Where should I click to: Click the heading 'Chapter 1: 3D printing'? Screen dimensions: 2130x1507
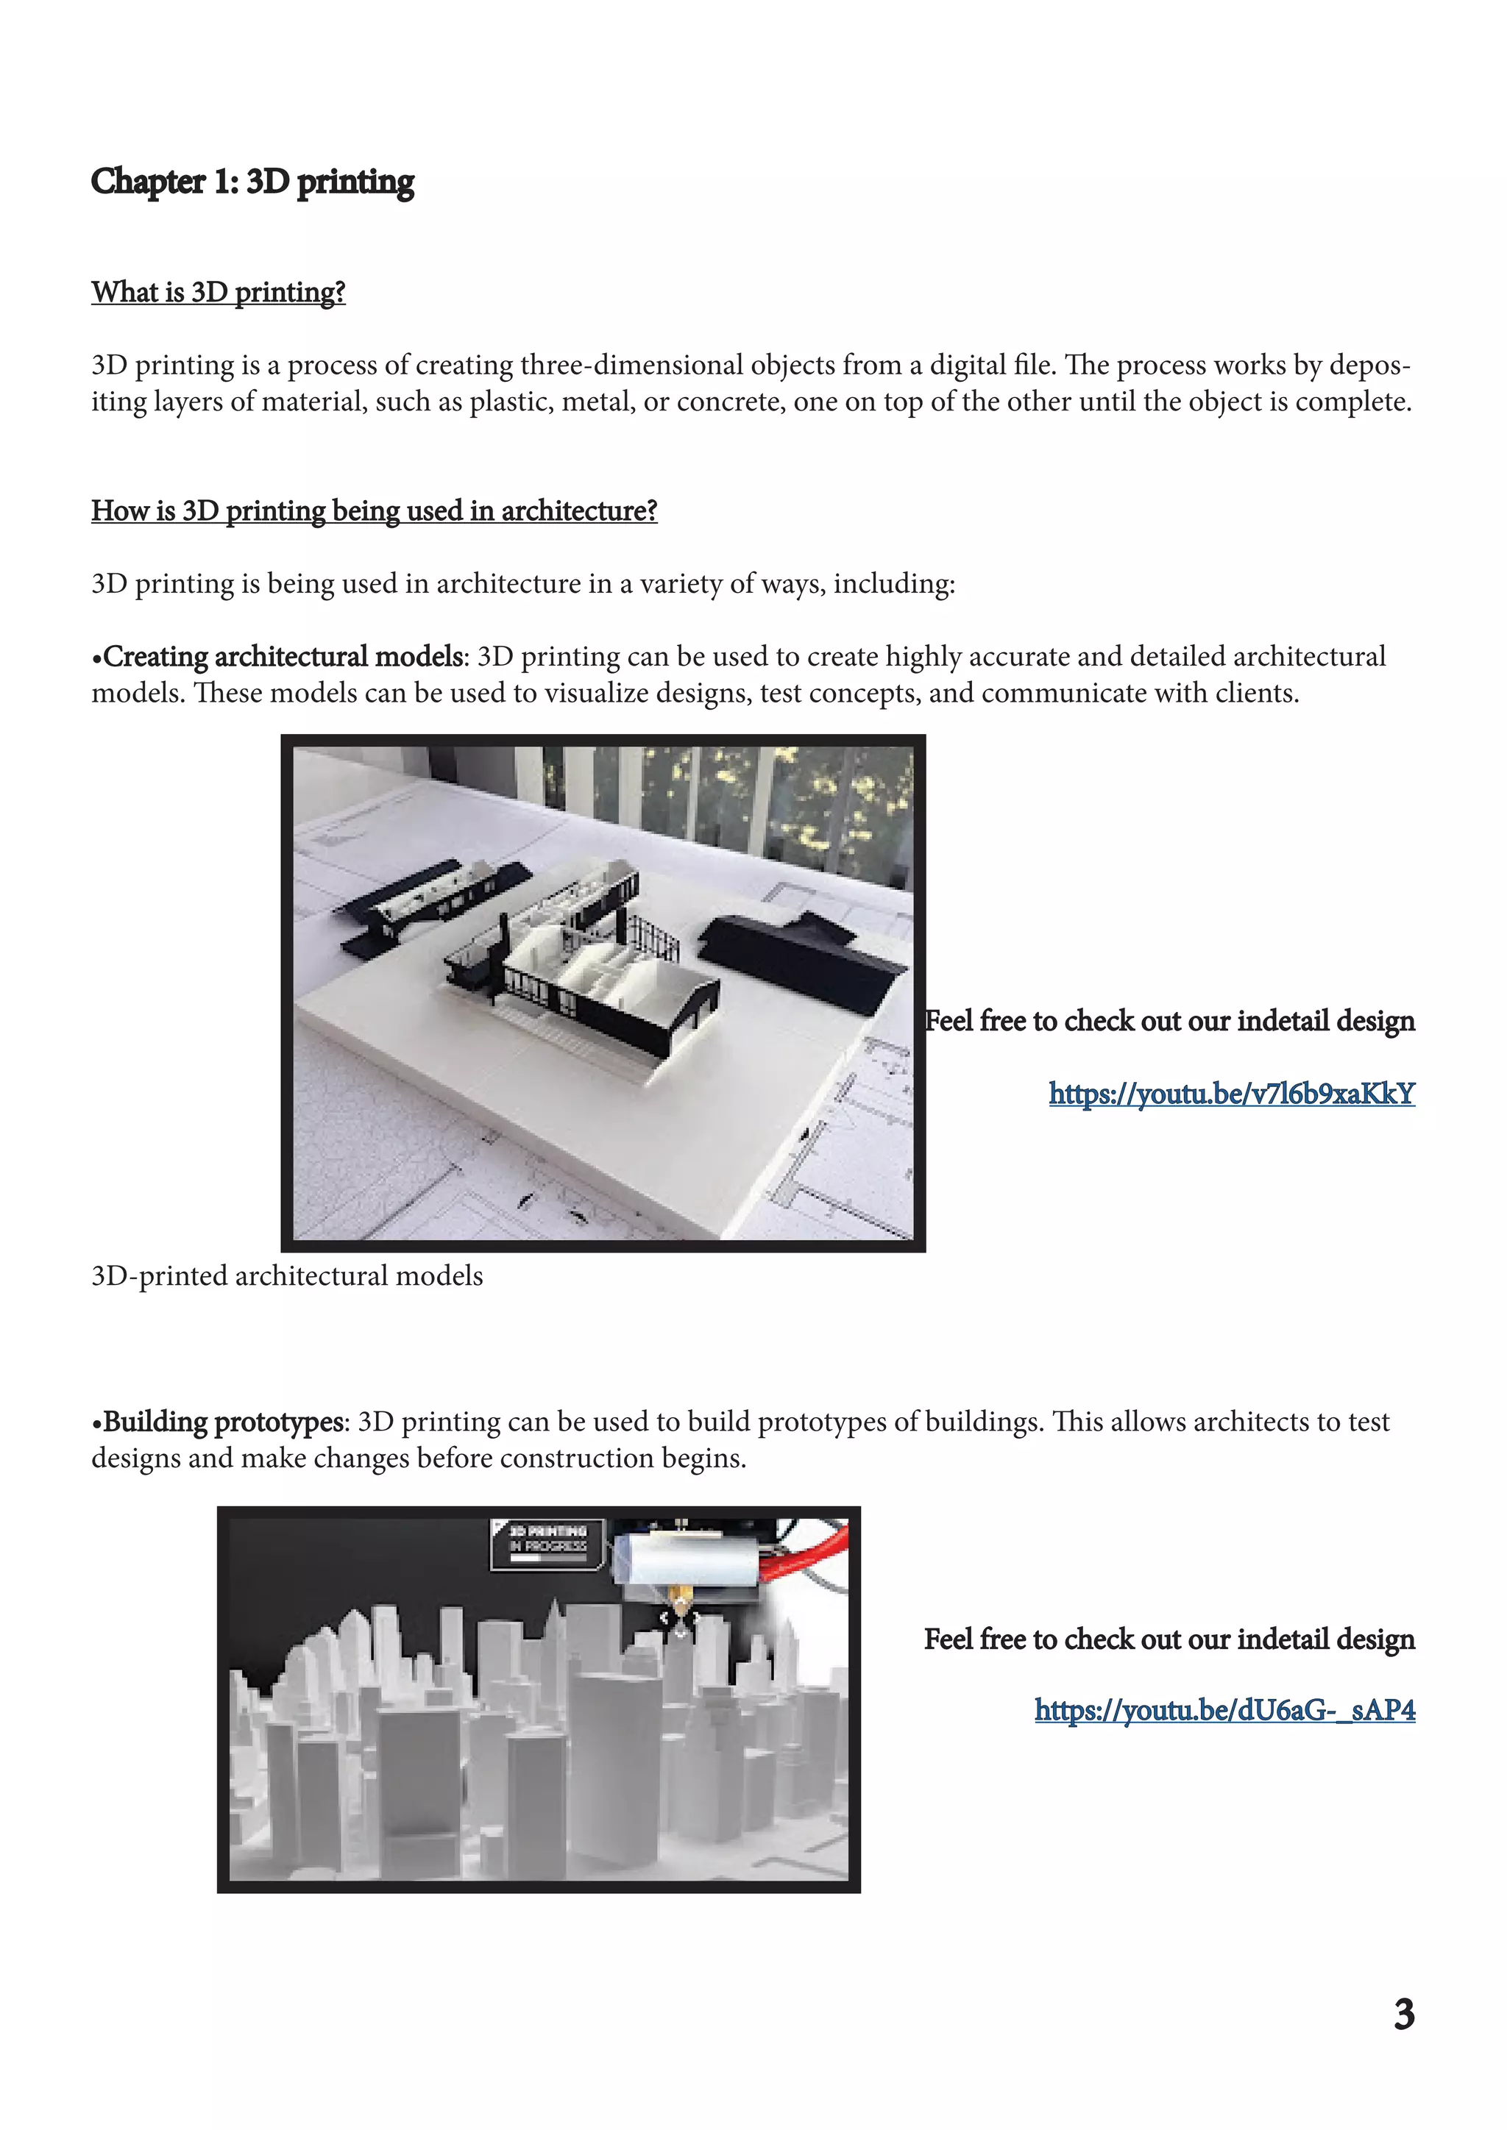pos(252,182)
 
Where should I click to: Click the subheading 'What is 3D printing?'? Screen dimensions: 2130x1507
pos(218,292)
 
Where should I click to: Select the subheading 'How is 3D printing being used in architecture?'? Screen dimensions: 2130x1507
pos(374,510)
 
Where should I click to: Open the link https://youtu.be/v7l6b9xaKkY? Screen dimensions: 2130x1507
pos(1231,1094)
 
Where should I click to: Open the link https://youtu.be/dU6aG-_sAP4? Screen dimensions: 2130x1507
pos(1225,1710)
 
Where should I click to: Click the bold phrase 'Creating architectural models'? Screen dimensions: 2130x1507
pos(283,657)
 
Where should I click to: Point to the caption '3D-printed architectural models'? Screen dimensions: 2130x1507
pos(287,1277)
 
